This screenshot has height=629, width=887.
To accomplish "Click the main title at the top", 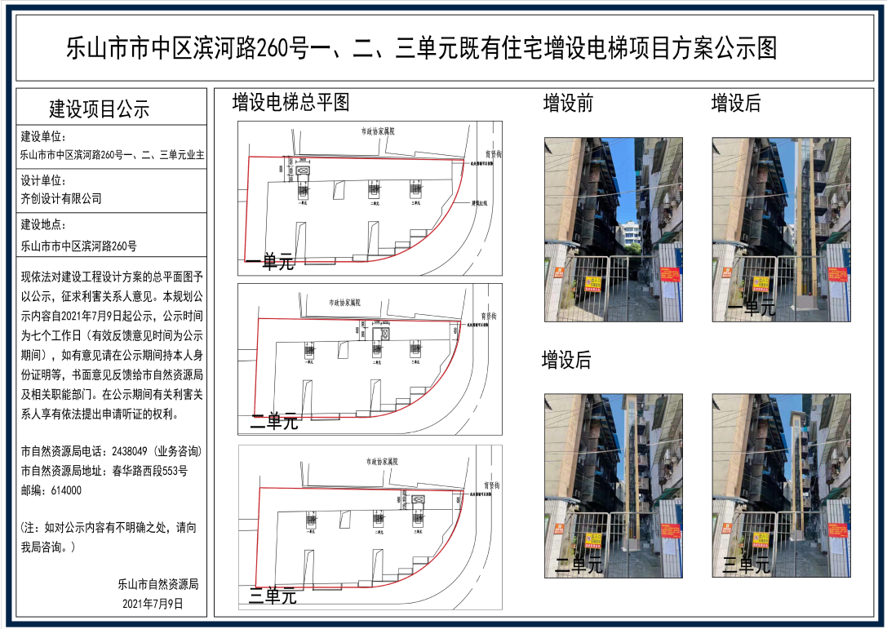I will click(421, 49).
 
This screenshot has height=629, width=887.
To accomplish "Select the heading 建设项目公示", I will click(100, 109).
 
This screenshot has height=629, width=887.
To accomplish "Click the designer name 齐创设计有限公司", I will click(62, 198).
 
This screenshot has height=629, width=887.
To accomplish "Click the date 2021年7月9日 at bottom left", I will click(153, 605).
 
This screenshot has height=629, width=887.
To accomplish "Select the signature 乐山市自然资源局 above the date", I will click(158, 585).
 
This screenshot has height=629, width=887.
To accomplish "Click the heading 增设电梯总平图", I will click(290, 102).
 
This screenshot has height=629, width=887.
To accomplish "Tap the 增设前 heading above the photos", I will click(569, 104).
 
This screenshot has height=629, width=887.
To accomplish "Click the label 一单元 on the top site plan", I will click(270, 263).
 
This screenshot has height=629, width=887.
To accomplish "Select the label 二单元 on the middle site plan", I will click(273, 423).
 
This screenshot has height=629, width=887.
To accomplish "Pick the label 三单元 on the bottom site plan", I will click(273, 596).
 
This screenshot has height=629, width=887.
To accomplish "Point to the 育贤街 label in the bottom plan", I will click(492, 485).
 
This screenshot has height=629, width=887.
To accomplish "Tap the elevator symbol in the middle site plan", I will click(380, 334).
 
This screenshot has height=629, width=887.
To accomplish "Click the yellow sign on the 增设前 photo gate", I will click(592, 284).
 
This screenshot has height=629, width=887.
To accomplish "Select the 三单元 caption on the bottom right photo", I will click(747, 565).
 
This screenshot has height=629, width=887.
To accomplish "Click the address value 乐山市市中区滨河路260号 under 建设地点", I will click(79, 245).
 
